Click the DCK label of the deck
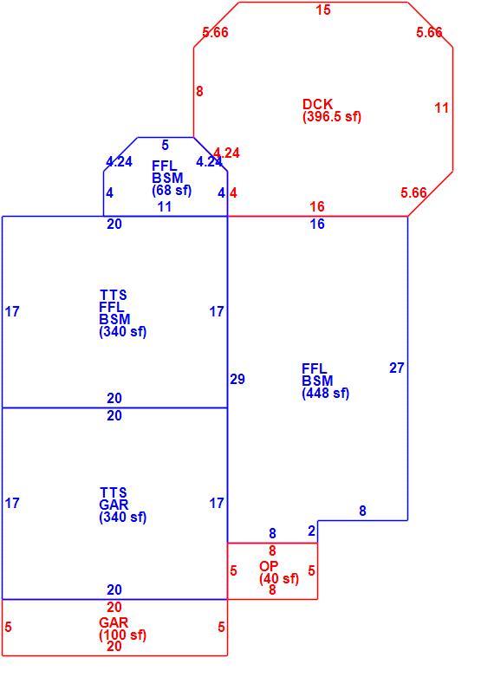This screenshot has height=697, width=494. pyautogui.click(x=317, y=104)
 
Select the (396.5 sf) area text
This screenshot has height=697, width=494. pyautogui.click(x=332, y=117)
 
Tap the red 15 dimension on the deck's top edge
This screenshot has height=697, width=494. pyautogui.click(x=323, y=10)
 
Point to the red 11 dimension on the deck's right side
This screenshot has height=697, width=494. pyautogui.click(x=442, y=107)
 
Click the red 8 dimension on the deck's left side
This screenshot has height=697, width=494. pyautogui.click(x=199, y=91)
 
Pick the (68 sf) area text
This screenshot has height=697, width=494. pyautogui.click(x=172, y=190)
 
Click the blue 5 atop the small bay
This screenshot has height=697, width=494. pyautogui.click(x=166, y=145)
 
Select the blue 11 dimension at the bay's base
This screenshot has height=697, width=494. pyautogui.click(x=165, y=206)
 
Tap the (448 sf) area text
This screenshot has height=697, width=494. pyautogui.click(x=326, y=394)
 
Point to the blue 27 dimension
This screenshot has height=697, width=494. pyautogui.click(x=397, y=368)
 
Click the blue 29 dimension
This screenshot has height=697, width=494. pyautogui.click(x=237, y=379)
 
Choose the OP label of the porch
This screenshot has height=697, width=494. pyautogui.click(x=269, y=566)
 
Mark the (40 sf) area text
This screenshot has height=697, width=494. pyautogui.click(x=279, y=578)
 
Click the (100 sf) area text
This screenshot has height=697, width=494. pyautogui.click(x=122, y=635)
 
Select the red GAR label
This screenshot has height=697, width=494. pyautogui.click(x=114, y=622)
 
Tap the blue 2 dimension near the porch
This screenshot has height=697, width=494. pyautogui.click(x=311, y=531)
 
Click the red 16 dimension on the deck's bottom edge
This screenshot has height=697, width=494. pyautogui.click(x=317, y=206)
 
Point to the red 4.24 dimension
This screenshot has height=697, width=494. pyautogui.click(x=226, y=153)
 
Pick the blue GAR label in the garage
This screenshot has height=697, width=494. pyautogui.click(x=114, y=505)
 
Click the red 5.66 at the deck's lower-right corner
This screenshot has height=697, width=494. pyautogui.click(x=413, y=192)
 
